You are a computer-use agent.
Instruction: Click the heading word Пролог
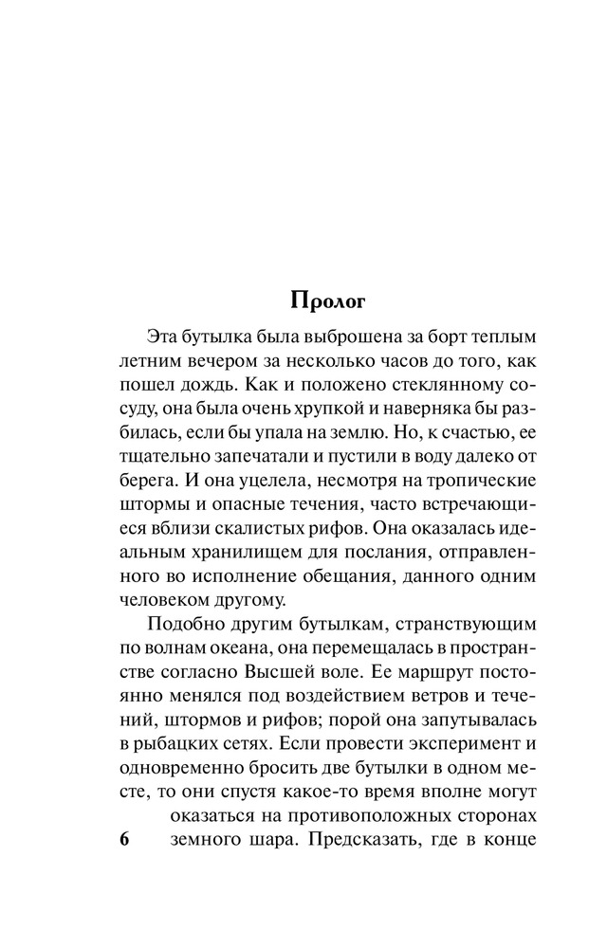point(325,301)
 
